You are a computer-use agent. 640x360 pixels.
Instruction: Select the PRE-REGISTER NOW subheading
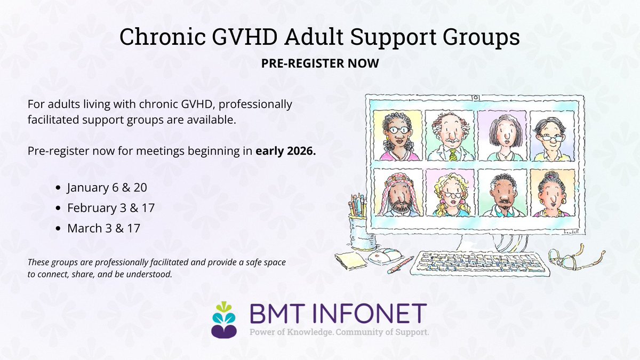pos(320,63)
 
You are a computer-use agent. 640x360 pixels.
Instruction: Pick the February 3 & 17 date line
pos(110,207)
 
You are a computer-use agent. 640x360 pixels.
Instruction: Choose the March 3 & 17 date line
pos(103,228)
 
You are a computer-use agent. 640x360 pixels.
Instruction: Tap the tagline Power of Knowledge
pos(282,332)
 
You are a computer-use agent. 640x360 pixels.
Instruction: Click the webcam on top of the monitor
pos(474,98)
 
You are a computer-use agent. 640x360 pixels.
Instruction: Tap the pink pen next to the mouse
pos(401,265)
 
